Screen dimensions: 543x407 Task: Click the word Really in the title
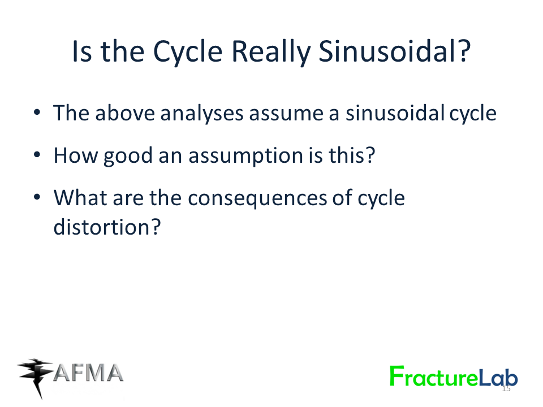click(271, 52)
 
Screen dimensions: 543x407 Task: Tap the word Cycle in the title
click(188, 52)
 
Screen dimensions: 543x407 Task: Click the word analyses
click(202, 114)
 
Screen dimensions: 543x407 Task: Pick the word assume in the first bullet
click(286, 115)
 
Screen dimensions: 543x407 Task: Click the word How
click(76, 155)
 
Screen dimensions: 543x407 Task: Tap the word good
click(128, 156)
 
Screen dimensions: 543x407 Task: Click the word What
click(80, 198)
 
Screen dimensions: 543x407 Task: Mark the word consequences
click(258, 199)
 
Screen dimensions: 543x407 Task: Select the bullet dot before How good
click(37, 155)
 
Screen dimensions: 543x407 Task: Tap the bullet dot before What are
click(37, 197)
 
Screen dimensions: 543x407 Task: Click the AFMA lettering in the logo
click(88, 373)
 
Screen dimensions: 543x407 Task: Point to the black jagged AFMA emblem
click(35, 377)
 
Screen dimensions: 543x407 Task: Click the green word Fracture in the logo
click(434, 376)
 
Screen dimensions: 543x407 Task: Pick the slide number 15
click(506, 389)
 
